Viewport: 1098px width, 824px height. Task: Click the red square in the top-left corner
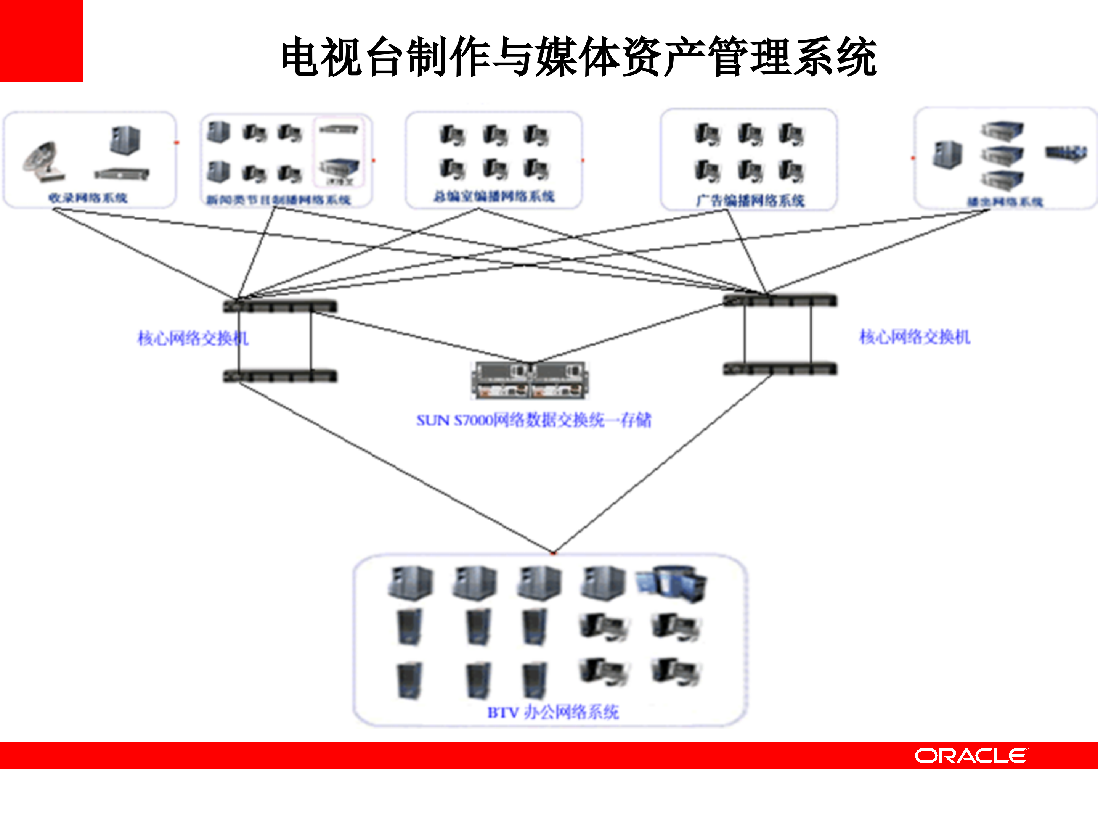[41, 41]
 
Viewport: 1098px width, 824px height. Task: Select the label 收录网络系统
[88, 198]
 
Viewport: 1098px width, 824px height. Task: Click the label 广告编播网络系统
[750, 201]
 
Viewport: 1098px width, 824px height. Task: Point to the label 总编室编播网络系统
[494, 197]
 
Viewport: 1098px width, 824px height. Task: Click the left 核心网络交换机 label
[193, 338]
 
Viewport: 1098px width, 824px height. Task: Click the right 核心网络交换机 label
[914, 337]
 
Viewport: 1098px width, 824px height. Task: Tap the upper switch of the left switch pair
[280, 306]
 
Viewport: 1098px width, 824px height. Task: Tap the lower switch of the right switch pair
[780, 369]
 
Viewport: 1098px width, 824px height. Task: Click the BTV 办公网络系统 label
[552, 712]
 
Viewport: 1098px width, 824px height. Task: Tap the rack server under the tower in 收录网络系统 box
[122, 174]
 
